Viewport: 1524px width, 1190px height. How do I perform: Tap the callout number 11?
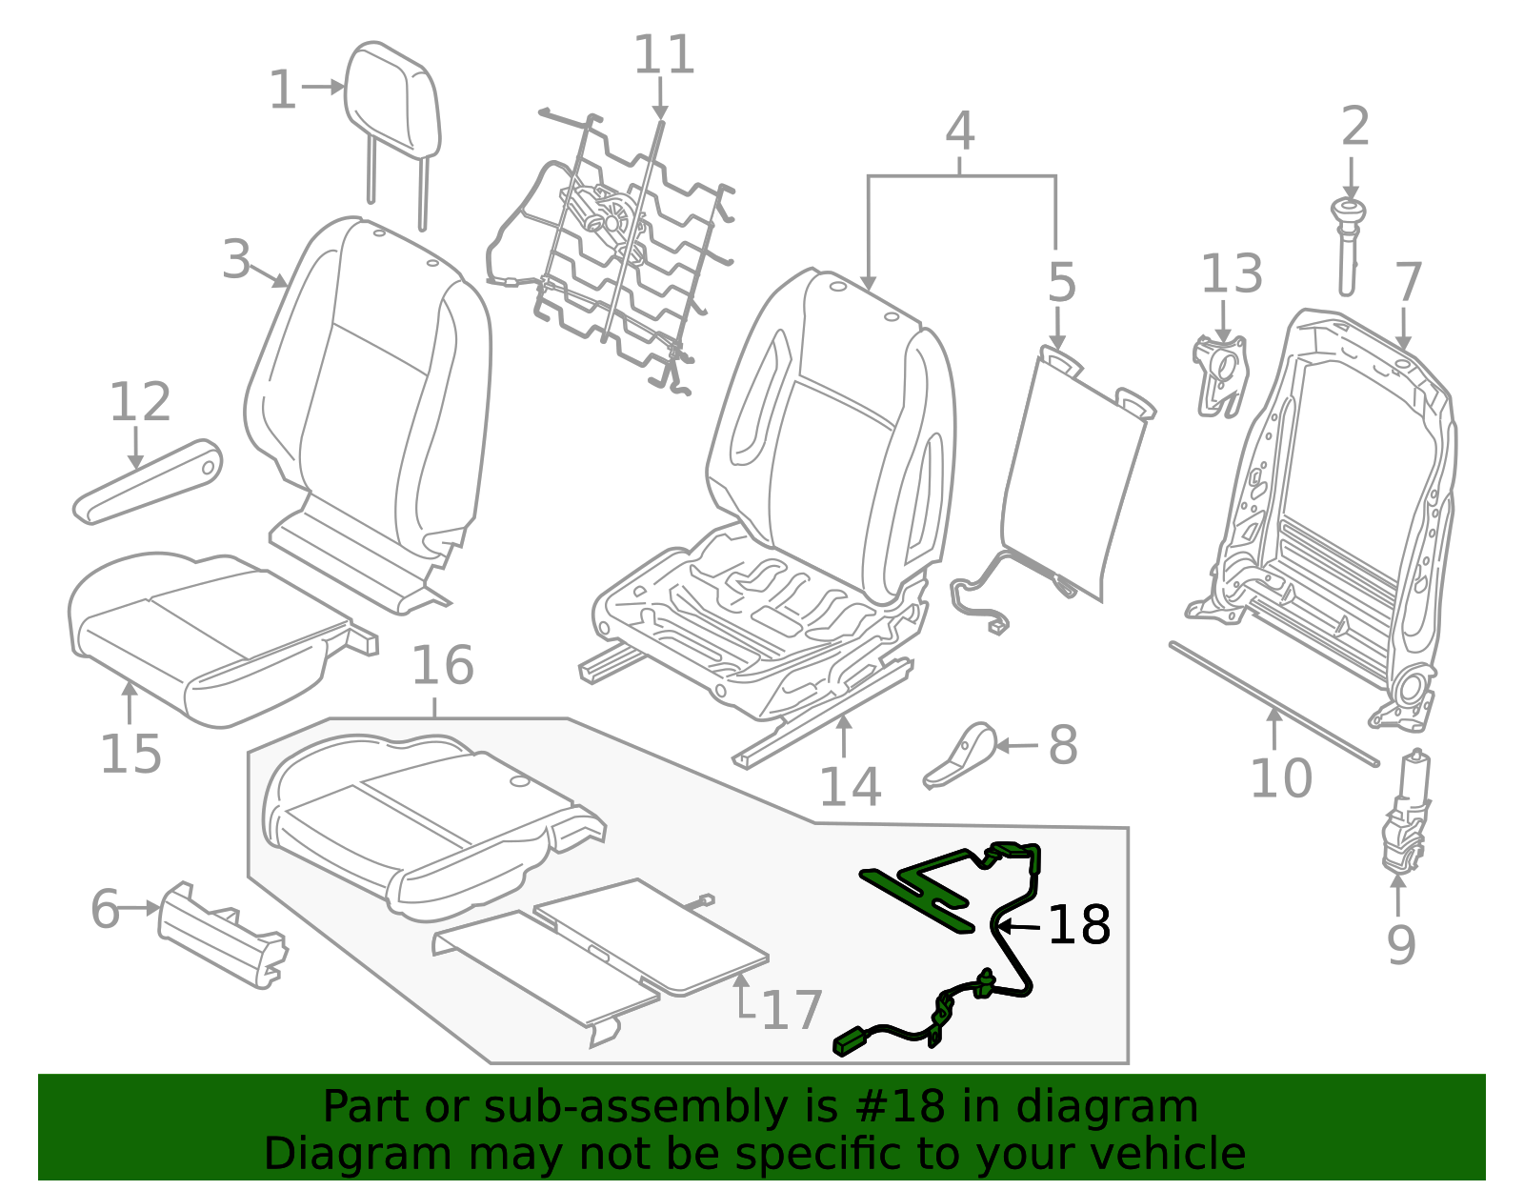[x=664, y=55]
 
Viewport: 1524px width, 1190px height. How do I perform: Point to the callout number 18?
[x=1078, y=925]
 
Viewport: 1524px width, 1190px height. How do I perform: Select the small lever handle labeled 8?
[x=963, y=755]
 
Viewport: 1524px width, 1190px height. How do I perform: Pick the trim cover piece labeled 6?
[x=221, y=935]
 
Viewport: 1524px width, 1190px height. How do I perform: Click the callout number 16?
[x=442, y=665]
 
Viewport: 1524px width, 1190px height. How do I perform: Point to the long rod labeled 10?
[x=1273, y=702]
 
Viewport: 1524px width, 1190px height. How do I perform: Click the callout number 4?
[x=959, y=131]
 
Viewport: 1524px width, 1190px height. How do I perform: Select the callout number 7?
[x=1407, y=282]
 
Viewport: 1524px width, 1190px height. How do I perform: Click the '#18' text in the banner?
[x=893, y=1106]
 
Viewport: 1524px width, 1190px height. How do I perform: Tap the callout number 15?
[x=130, y=754]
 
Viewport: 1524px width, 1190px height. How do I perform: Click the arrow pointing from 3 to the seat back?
[x=272, y=277]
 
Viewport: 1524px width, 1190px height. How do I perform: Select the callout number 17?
[x=792, y=1011]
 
